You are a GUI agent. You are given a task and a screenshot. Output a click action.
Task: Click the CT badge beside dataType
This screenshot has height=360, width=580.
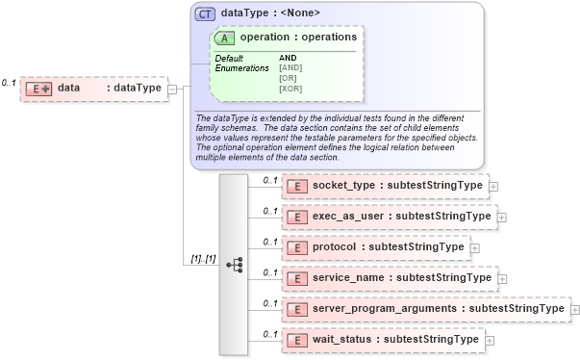point(204,13)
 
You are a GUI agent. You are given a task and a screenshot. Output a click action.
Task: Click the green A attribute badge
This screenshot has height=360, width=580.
point(225,38)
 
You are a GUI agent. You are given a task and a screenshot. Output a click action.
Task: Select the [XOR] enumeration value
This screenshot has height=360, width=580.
point(290,89)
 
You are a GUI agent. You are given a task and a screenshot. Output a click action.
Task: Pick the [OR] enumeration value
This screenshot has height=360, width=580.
point(288,78)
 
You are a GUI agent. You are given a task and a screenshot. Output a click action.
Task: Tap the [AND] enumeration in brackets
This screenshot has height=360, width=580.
point(290,67)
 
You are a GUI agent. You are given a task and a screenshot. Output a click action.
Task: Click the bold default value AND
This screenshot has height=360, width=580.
point(288,58)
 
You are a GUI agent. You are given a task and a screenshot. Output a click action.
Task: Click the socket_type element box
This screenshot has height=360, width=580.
point(384,186)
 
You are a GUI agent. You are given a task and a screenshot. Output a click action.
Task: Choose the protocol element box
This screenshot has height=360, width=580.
point(375,247)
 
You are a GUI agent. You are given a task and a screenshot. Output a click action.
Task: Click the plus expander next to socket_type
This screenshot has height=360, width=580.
point(493,187)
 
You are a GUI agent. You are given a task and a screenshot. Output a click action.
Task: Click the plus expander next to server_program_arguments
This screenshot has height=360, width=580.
point(574,309)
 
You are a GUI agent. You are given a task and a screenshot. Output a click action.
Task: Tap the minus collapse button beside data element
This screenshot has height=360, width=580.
point(172,89)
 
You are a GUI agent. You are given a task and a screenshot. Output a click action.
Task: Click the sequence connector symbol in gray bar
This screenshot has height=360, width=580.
point(235,264)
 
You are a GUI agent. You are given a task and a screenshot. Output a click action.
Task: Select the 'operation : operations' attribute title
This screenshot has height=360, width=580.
point(298,38)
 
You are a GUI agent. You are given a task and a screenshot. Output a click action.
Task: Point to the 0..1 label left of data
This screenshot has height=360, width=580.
point(9,84)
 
